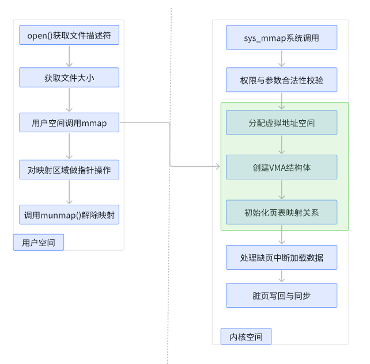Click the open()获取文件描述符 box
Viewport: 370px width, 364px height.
69,36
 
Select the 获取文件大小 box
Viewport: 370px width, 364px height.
69,78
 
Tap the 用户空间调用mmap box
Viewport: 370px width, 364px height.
69,122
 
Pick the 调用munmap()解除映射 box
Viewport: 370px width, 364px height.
69,215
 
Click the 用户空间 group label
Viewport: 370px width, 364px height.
39,243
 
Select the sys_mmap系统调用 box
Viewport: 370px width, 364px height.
281,38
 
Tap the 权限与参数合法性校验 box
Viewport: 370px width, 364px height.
281,80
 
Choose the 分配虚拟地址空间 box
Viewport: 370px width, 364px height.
281,122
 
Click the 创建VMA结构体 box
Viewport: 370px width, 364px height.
281,167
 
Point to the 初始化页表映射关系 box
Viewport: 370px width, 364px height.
281,212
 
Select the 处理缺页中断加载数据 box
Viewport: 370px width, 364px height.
281,257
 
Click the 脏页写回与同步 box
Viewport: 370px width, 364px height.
281,295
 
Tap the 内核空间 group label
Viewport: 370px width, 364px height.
246,336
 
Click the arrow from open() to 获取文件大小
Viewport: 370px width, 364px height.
69,56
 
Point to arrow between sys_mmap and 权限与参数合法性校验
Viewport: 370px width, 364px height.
281,59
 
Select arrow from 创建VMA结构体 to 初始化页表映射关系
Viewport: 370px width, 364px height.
281,190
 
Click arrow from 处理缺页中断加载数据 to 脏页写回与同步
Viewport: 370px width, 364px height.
281,276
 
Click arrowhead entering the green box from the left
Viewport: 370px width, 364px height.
217,167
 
